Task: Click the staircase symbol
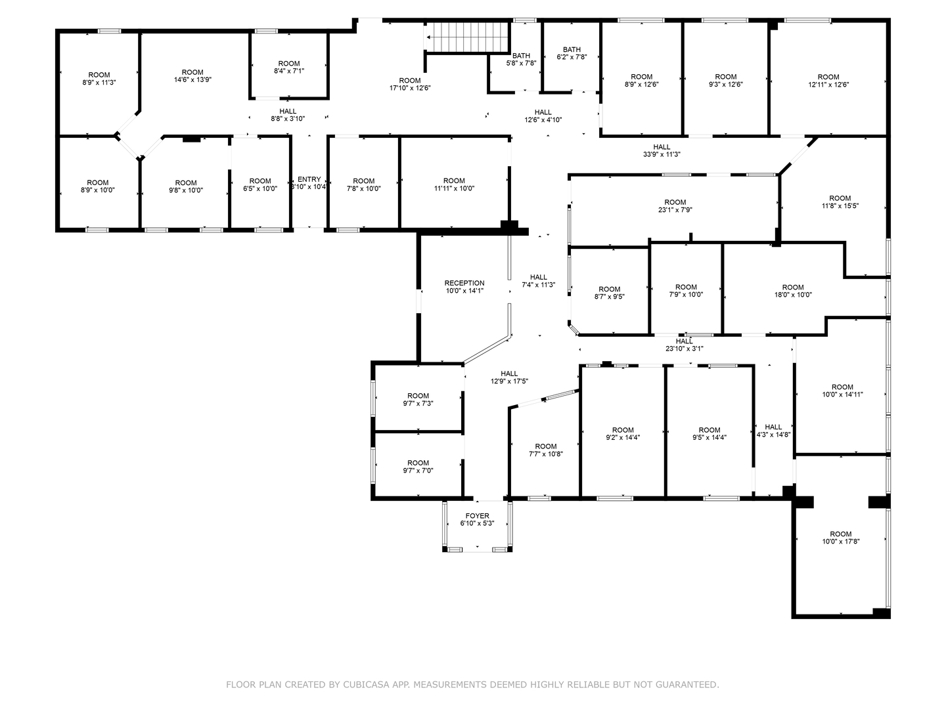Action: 468,37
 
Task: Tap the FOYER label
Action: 477,516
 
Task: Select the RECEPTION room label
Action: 464,283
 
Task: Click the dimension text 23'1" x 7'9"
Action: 675,210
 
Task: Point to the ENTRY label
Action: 309,179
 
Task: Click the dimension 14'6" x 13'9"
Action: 192,79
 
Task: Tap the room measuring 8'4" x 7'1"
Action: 289,67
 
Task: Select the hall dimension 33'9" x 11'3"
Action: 662,154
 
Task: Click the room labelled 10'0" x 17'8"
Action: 840,537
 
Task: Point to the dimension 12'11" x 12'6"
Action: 828,85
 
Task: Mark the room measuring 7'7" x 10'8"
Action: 546,450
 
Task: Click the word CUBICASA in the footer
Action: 365,684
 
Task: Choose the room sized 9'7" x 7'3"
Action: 418,400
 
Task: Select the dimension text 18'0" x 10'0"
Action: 793,295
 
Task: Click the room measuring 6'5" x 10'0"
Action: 260,184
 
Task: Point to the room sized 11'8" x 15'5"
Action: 840,202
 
